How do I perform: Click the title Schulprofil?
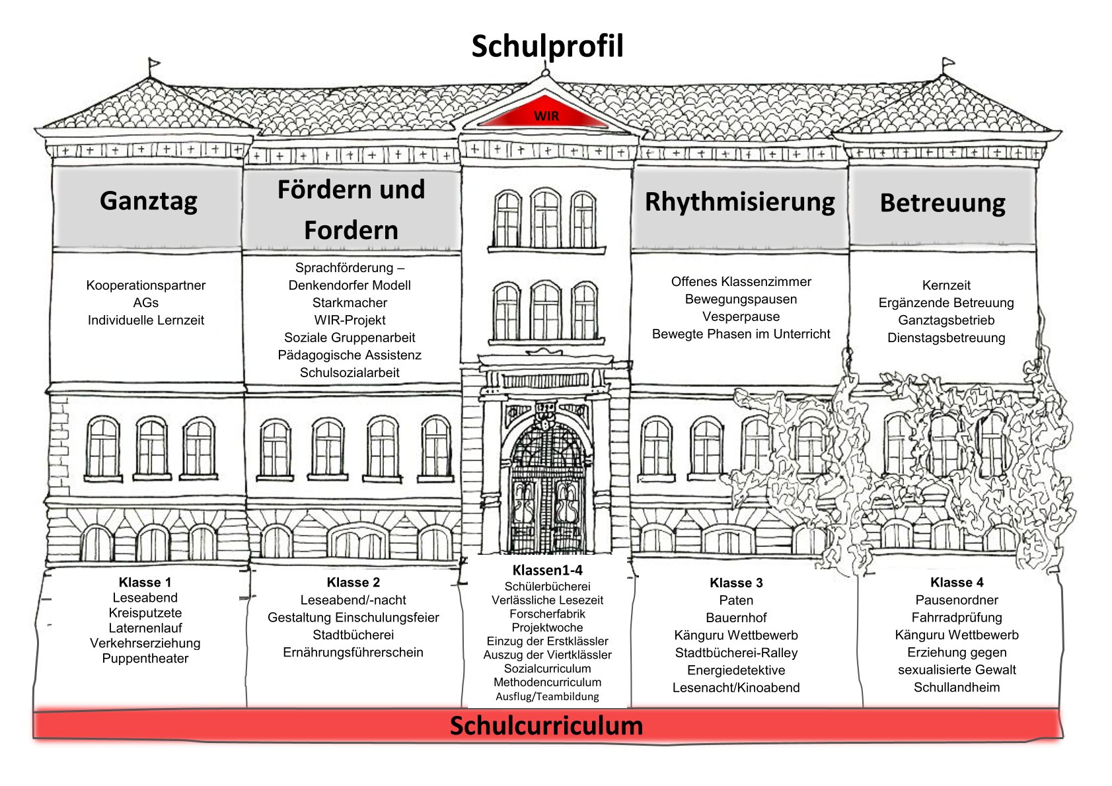pos(547,47)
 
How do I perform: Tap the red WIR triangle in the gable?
pos(545,113)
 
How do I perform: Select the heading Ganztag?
pos(149,201)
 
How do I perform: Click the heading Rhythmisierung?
pos(739,202)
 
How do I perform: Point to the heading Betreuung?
pos(942,203)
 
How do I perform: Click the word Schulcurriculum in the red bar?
pos(546,725)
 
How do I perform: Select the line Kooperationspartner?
pos(146,285)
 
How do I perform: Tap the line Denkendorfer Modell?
pos(350,285)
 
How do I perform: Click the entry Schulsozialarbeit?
pos(350,373)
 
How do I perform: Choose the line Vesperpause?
pos(741,316)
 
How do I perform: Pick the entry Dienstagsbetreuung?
pos(946,338)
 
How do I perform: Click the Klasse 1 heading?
pos(145,582)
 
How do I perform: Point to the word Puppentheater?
pos(145,659)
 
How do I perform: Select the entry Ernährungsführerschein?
pos(353,653)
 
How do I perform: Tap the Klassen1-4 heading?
pos(547,570)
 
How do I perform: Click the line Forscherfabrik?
pos(547,614)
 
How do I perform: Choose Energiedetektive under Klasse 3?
pos(736,670)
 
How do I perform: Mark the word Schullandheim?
pos(957,687)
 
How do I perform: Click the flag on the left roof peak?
pos(154,63)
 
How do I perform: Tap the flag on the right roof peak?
pos(948,62)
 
